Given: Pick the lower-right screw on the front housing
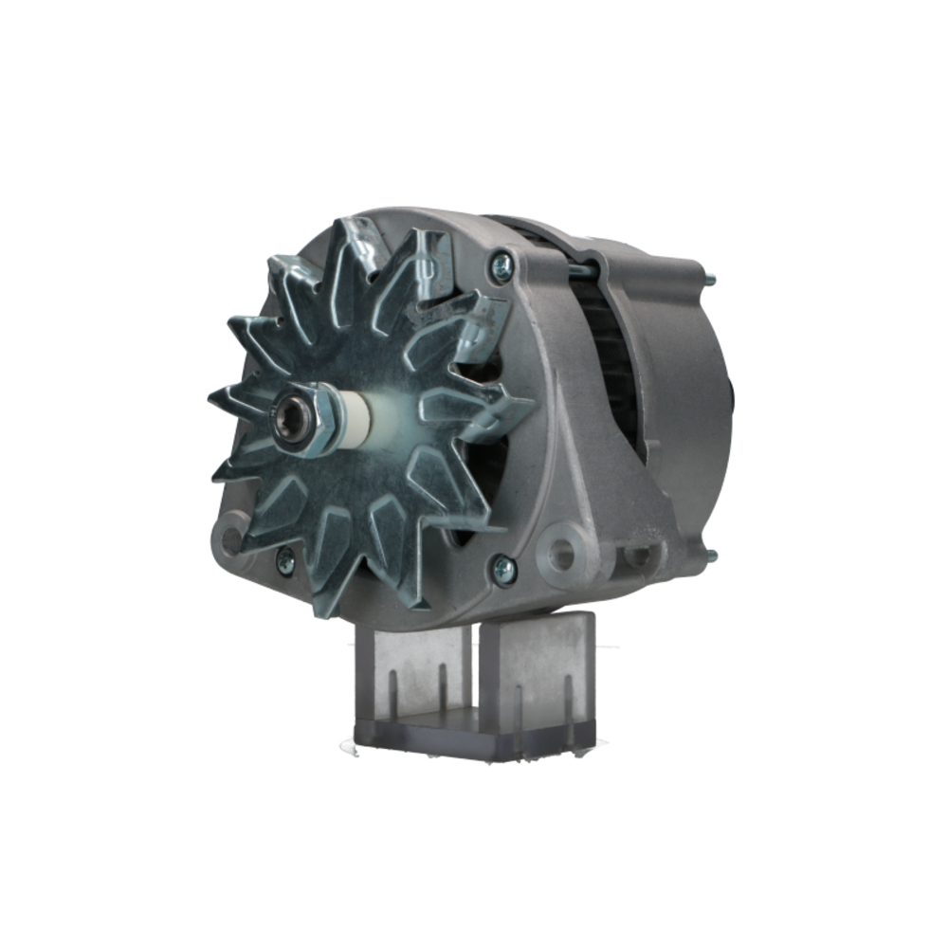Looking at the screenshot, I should point(503,569).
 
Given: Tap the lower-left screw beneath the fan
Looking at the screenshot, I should point(283,561).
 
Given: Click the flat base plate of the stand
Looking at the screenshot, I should point(474,735).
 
